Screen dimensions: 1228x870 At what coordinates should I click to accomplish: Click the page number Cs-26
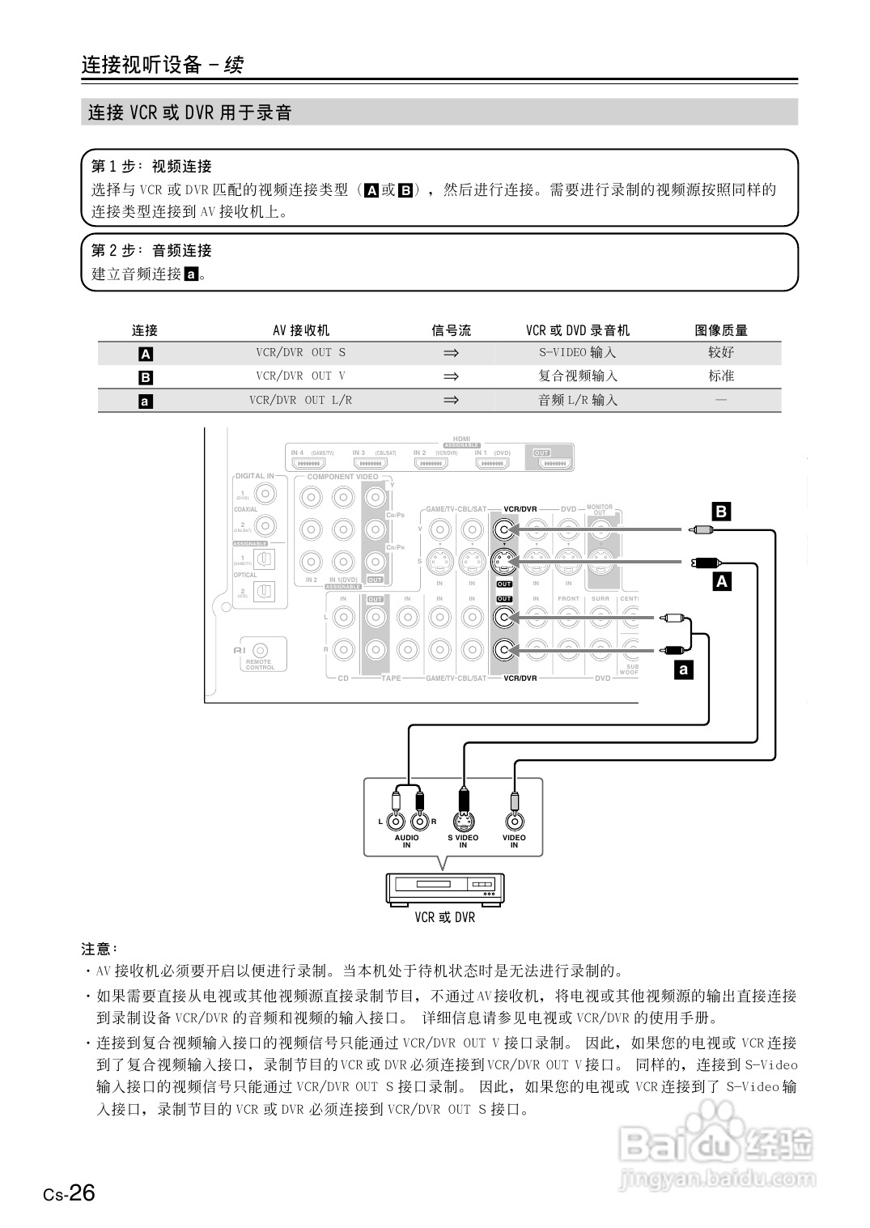coord(70,1193)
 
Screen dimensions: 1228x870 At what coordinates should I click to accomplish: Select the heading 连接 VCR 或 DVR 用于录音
coord(189,113)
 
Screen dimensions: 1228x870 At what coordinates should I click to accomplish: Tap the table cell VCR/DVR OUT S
coord(300,353)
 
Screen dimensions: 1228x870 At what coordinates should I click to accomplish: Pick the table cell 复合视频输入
coord(577,376)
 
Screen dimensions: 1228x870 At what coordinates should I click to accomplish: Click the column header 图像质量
coord(720,330)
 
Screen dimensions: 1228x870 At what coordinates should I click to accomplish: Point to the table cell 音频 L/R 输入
coord(577,400)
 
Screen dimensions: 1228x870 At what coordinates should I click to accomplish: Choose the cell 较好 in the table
coord(720,353)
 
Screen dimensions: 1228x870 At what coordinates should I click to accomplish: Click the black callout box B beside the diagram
coord(720,512)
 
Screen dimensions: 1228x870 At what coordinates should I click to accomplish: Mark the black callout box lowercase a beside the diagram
coord(684,669)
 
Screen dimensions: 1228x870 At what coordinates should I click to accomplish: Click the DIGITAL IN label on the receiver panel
coord(254,476)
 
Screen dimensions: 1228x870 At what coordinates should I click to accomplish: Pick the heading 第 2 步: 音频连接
coord(151,251)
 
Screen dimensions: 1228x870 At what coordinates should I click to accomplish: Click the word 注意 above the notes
coord(99,949)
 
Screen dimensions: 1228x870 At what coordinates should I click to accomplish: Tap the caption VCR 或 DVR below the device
coord(444,918)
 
